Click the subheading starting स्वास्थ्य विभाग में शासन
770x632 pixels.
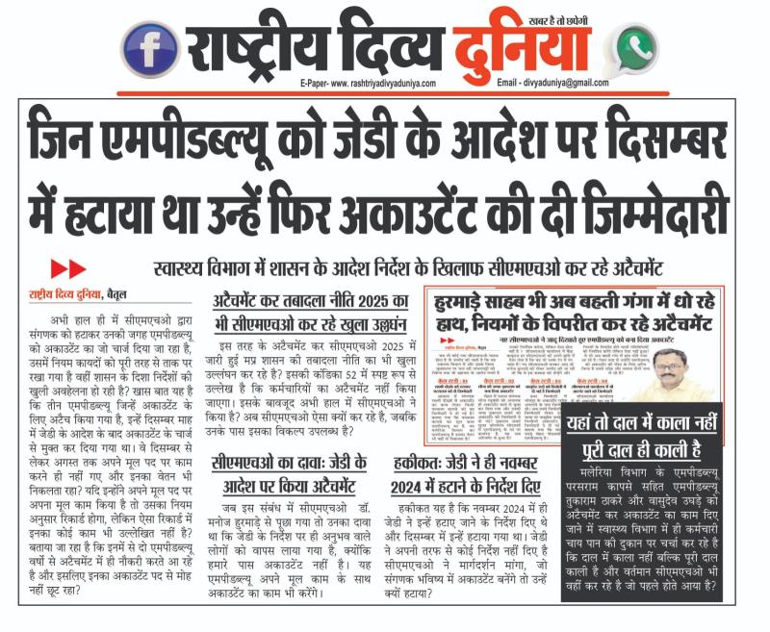pos(446,268)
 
